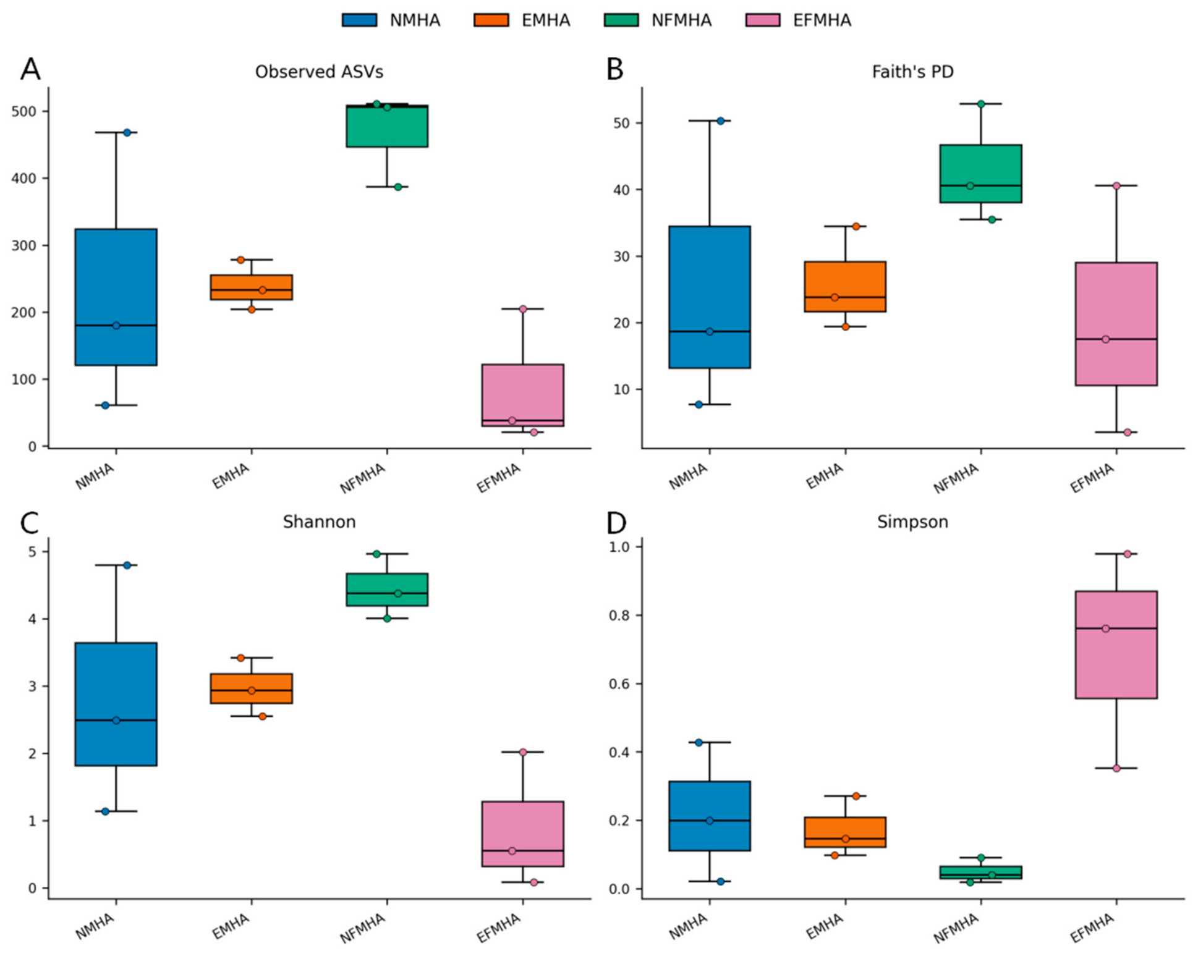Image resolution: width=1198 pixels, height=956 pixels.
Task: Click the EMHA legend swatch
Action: (491, 20)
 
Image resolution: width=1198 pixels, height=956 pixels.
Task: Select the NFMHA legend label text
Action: (681, 20)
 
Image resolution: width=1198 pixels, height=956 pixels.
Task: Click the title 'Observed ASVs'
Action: (319, 72)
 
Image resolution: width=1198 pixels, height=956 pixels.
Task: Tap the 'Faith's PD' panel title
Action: (912, 72)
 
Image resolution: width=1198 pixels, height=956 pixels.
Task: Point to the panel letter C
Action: (30, 523)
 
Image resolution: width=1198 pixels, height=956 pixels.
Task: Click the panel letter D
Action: (616, 523)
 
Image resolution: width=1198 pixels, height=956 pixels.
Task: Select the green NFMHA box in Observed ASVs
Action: (387, 126)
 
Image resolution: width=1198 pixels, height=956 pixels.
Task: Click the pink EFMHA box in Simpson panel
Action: (1116, 645)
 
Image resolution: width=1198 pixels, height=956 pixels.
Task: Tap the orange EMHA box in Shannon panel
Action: (252, 688)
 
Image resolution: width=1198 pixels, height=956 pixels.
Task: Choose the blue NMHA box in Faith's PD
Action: (710, 297)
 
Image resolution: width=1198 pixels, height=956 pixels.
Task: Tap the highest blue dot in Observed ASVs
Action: (127, 132)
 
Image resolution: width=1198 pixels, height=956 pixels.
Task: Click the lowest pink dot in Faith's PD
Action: (1128, 432)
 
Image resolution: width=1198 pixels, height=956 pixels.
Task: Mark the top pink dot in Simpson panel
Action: (1128, 554)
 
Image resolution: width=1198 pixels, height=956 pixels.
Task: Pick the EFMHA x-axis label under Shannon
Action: (498, 928)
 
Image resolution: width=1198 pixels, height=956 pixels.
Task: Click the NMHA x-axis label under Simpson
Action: (689, 927)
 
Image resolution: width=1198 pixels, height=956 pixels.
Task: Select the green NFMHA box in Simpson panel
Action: (981, 873)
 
